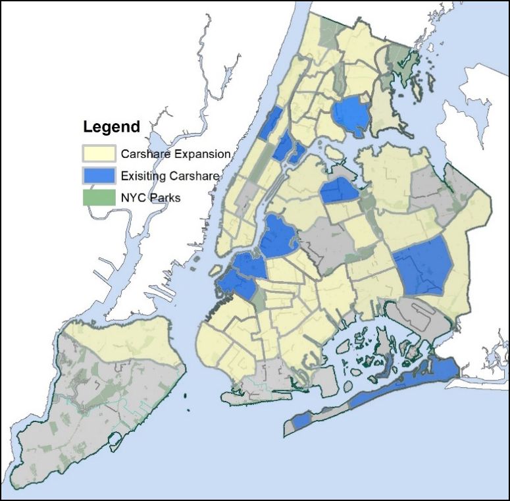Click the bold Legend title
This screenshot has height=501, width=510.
111,126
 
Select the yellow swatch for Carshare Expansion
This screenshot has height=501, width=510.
99,154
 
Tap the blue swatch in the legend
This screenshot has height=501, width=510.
99,176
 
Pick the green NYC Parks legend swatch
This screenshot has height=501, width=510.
99,197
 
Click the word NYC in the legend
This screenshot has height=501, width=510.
133,197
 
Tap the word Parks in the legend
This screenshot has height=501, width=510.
165,197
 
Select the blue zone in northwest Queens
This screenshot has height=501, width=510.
340,190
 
